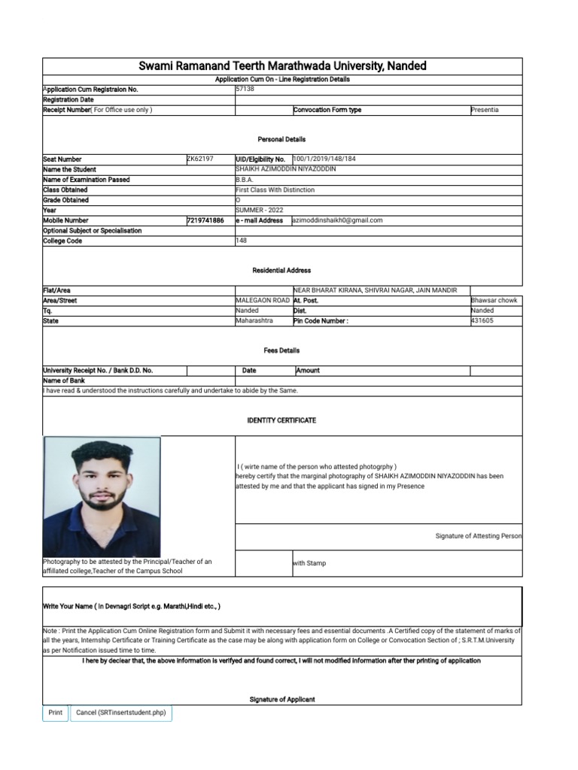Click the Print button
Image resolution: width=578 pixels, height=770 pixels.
click(x=55, y=712)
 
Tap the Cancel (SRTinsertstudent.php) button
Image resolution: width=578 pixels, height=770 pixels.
click(x=121, y=712)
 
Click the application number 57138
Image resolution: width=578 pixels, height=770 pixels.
click(x=245, y=89)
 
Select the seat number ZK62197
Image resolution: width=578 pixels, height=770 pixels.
click(x=200, y=159)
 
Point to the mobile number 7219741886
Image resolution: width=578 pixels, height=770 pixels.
click(x=205, y=220)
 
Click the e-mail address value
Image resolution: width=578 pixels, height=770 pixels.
click(x=338, y=220)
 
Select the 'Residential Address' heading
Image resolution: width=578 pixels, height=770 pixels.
click(x=281, y=270)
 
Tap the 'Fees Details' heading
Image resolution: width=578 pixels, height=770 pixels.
click(x=281, y=350)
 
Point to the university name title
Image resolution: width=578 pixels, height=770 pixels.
click(x=281, y=66)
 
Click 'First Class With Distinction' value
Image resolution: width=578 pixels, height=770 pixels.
click(x=275, y=190)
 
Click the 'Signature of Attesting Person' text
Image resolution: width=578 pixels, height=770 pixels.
click(x=478, y=536)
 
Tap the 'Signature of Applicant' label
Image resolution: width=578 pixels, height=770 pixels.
click(x=282, y=699)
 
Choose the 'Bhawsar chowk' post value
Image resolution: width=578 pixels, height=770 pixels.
click(x=493, y=300)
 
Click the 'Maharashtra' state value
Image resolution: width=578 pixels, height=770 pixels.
click(x=254, y=320)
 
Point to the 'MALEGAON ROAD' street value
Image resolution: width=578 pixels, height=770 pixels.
click(x=263, y=300)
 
